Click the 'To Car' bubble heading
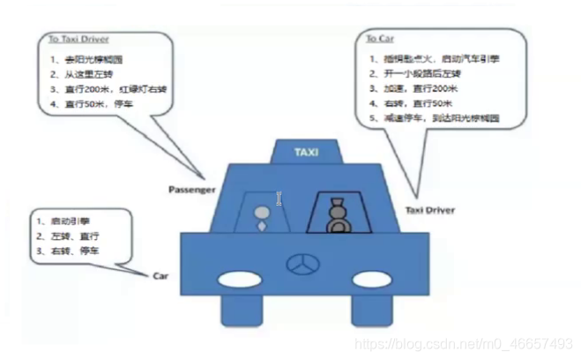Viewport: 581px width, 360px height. coord(382,40)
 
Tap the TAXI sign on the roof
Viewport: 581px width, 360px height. coord(306,152)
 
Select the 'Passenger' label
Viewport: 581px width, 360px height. coord(192,189)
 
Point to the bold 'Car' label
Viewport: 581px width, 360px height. coord(160,275)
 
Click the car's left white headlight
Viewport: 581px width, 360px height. coord(236,280)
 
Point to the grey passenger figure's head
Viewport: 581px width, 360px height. coord(261,213)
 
